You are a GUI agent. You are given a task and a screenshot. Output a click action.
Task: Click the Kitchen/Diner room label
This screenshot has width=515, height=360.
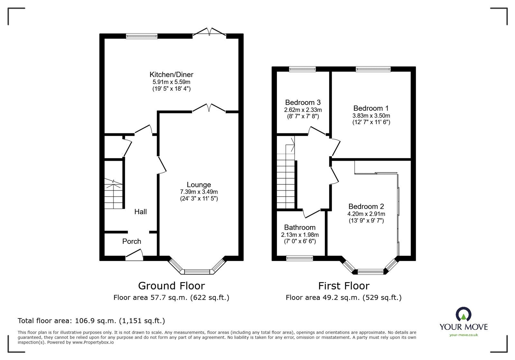171,75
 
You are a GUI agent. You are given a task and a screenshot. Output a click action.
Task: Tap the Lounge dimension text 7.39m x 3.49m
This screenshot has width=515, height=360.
199,192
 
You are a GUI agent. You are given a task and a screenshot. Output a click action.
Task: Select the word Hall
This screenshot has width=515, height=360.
141,212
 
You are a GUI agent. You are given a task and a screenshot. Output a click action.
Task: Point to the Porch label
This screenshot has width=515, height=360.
132,241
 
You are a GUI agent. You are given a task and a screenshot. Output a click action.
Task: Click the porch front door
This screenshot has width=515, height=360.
134,256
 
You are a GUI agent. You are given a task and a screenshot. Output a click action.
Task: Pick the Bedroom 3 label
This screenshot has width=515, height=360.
303,103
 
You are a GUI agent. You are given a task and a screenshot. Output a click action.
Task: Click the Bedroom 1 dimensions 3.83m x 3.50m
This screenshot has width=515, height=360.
371,116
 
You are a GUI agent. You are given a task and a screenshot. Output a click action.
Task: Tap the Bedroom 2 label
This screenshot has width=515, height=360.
366,207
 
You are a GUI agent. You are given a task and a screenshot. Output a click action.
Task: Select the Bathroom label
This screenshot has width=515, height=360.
300,227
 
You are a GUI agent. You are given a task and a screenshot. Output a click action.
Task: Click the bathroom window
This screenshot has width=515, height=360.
300,258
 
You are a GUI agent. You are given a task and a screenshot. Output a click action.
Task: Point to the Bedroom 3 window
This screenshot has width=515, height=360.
302,69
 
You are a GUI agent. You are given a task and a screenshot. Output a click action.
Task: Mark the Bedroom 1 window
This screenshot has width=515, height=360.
373,69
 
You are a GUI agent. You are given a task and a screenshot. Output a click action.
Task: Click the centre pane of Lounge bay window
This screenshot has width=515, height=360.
197,272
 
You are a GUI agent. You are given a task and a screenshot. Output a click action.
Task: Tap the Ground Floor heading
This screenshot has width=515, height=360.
171,286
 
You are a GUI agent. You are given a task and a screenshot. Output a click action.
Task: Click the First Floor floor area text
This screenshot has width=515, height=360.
343,298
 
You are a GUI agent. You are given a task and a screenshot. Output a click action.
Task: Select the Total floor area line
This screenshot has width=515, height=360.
91,321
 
